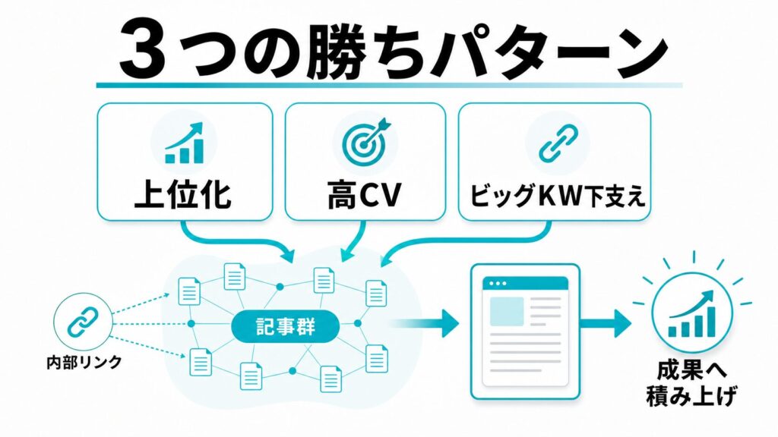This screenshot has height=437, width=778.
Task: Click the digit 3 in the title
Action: pos(143,50)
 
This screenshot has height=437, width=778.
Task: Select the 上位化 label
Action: pos(183,195)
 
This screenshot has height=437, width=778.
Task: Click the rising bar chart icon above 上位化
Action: pos(184,143)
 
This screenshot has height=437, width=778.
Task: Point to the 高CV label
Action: pos(364,195)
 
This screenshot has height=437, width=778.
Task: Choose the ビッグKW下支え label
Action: pos(557,196)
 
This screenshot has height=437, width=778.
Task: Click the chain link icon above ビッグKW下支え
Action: pos(558,143)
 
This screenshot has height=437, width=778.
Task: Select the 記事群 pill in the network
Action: pos(286,326)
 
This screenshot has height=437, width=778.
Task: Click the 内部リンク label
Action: pos(84,362)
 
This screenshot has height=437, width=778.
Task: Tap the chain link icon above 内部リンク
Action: pos(82,321)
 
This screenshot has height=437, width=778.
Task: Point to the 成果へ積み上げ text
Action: pos(691,383)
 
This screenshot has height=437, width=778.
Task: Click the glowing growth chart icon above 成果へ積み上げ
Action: pos(692,313)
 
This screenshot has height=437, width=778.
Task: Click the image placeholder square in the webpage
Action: pos(507,311)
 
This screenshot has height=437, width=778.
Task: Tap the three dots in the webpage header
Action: pos(498,284)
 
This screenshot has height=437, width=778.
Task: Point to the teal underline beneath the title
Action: pos(389,85)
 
